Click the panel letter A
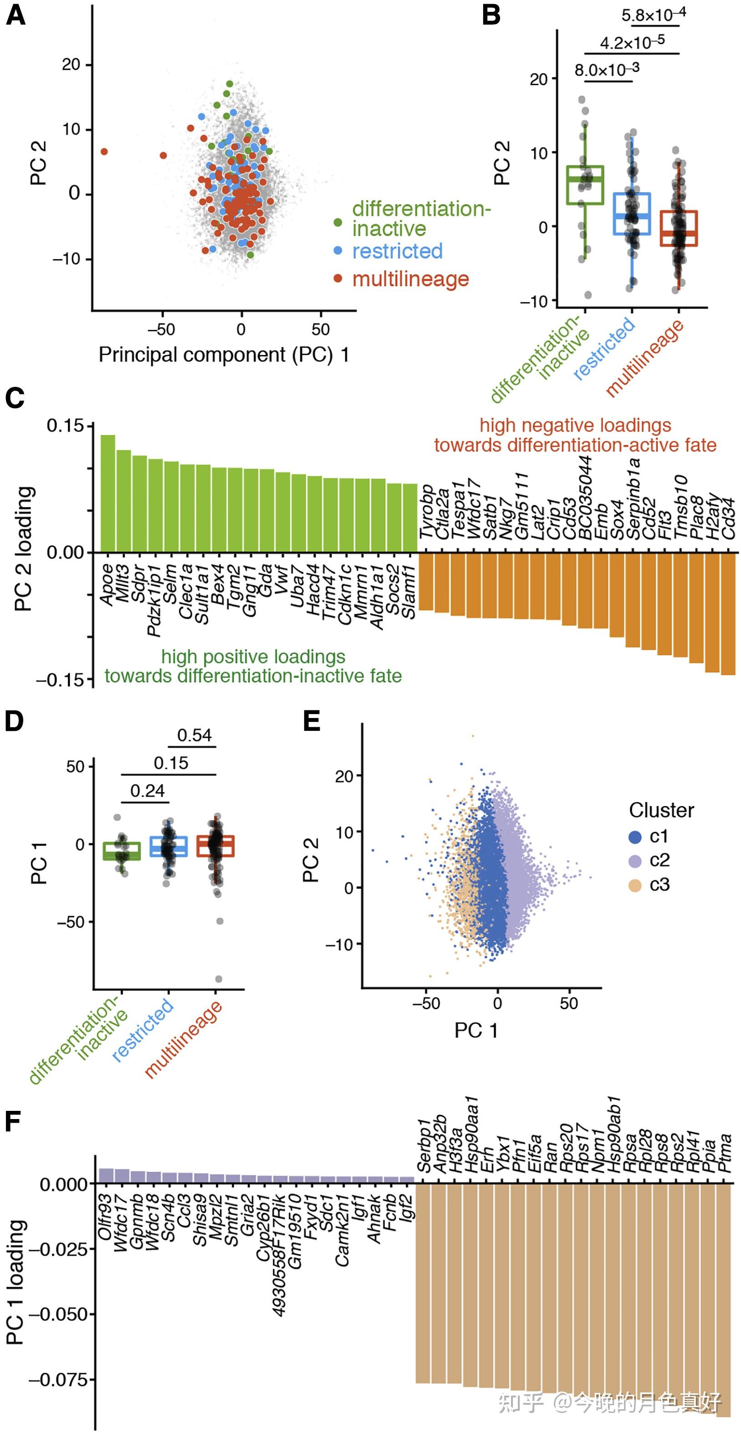pyautogui.click(x=15, y=15)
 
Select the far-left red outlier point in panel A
pyautogui.click(x=104, y=152)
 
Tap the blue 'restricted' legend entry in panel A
pyautogui.click(x=397, y=251)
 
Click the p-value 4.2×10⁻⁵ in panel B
pyautogui.click(x=632, y=42)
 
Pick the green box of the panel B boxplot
pyautogui.click(x=585, y=185)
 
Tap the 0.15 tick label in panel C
pyautogui.click(x=65, y=426)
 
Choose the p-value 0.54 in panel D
pyautogui.click(x=194, y=735)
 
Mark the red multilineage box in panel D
pyautogui.click(x=216, y=846)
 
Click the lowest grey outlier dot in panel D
pyautogui.click(x=219, y=979)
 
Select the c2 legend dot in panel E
pyautogui.click(x=635, y=861)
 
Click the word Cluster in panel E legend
pyautogui.click(x=661, y=810)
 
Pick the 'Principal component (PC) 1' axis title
pyautogui.click(x=224, y=355)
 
